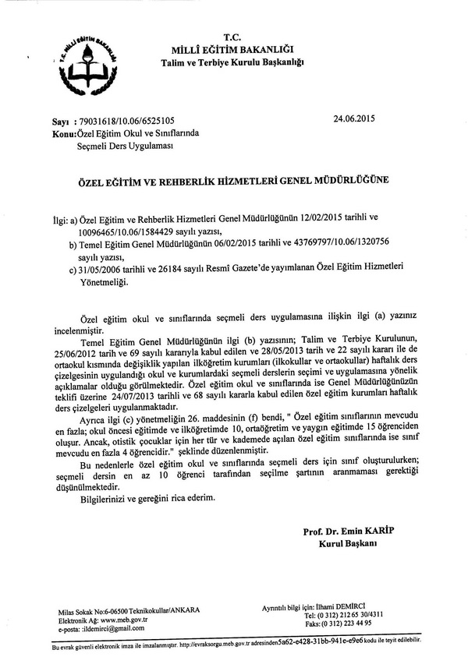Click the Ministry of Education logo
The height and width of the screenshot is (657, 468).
83,65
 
